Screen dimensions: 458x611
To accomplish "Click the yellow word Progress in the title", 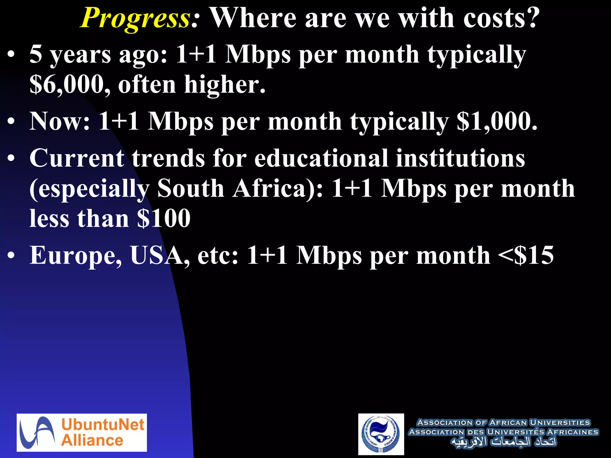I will (x=135, y=18).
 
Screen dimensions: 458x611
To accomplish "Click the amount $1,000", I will (x=497, y=122).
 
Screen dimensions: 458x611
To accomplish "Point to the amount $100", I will (x=164, y=218).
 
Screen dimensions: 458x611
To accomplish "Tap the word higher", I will (x=224, y=85).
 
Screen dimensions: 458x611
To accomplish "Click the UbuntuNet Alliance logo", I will (x=82, y=432).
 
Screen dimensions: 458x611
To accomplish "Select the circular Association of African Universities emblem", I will (x=381, y=434).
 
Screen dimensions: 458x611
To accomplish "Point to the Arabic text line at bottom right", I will (x=503, y=442).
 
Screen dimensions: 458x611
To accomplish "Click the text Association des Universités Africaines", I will (x=503, y=432).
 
